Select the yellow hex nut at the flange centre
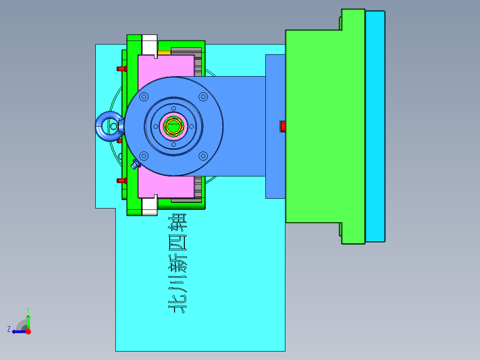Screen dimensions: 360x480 (x=173, y=126)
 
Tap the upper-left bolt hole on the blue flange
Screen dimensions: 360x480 (x=144, y=96)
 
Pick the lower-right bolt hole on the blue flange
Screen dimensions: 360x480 (x=203, y=155)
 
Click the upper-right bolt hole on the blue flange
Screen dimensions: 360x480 (x=203, y=96)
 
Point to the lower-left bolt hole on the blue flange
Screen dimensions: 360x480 (x=144, y=155)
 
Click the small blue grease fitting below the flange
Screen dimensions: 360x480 (x=135, y=165)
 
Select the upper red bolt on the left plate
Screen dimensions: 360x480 (x=121, y=69)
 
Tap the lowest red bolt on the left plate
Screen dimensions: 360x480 (x=121, y=180)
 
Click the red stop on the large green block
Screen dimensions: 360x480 (x=282, y=126)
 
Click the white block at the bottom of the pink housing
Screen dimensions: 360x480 (x=150, y=207)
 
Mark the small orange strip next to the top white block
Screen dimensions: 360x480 (x=164, y=53)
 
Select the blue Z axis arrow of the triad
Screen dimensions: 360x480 (x=18, y=331)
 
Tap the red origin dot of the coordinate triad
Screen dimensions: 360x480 (x=28, y=331)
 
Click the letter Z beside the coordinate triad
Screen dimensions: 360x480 (x=9, y=329)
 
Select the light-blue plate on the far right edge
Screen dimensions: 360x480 (x=375, y=126)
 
